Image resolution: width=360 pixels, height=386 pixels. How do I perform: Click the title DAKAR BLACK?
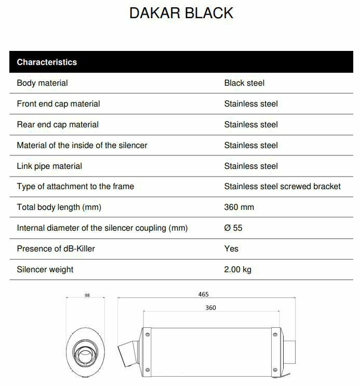tap(181, 14)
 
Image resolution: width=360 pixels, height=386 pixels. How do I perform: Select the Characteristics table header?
tap(47, 62)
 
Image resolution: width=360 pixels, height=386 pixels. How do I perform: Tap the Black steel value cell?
tap(244, 83)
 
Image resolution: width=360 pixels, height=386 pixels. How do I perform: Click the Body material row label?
tap(42, 83)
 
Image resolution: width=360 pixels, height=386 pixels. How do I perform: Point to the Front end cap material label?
tap(58, 104)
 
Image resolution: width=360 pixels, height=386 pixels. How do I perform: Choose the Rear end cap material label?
tap(57, 125)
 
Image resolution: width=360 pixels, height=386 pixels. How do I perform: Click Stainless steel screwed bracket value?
tap(282, 187)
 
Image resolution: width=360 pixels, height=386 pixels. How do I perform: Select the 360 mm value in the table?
tap(239, 207)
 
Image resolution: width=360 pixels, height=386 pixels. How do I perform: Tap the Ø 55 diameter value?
tap(233, 228)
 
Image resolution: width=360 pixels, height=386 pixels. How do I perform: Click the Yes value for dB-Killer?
tap(231, 249)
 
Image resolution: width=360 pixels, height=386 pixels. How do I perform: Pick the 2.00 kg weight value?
tap(237, 270)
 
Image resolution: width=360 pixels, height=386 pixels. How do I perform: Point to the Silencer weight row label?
tap(45, 270)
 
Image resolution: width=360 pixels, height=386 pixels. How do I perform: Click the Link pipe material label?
tap(49, 166)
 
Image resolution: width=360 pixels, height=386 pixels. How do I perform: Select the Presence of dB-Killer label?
tap(56, 249)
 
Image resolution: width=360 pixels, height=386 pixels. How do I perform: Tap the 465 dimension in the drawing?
tap(203, 295)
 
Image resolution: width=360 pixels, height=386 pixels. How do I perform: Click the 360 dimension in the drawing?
tap(210, 308)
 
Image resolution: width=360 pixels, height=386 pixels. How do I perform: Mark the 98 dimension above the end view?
tap(87, 296)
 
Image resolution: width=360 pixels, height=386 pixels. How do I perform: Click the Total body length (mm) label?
tap(59, 207)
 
